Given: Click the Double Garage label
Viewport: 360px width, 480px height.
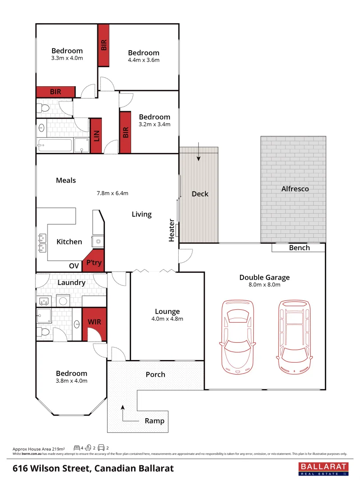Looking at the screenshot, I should (x=264, y=277).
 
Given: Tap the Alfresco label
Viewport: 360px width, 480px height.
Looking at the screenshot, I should (x=295, y=188).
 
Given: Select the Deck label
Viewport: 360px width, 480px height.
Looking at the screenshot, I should (x=200, y=194).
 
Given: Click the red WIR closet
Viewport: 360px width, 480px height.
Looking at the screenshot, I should (x=95, y=322).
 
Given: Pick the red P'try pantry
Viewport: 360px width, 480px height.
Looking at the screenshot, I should (x=93, y=263).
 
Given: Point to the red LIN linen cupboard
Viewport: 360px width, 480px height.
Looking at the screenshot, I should (x=96, y=135).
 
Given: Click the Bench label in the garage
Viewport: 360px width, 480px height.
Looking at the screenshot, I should (x=299, y=248).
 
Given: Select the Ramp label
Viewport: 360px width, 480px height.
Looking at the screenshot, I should (x=154, y=420).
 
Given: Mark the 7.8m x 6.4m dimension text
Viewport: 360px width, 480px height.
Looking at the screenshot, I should (x=112, y=193).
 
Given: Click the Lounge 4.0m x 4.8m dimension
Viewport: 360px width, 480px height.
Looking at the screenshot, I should (x=167, y=319).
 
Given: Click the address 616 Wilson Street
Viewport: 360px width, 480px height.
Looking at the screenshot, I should (x=93, y=468).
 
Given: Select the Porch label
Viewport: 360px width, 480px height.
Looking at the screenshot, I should (x=156, y=374).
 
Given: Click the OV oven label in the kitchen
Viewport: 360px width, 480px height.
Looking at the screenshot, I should (x=74, y=266).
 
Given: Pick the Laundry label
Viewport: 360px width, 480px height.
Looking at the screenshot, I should (x=71, y=282).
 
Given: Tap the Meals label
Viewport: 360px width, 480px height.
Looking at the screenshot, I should (x=66, y=180).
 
